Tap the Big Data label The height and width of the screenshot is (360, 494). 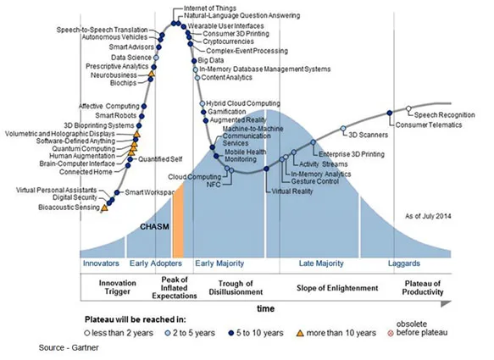point(209,60)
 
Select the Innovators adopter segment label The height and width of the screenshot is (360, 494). point(100,264)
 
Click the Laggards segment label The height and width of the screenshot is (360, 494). point(403,264)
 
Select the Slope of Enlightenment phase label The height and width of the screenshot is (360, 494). point(330,287)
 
